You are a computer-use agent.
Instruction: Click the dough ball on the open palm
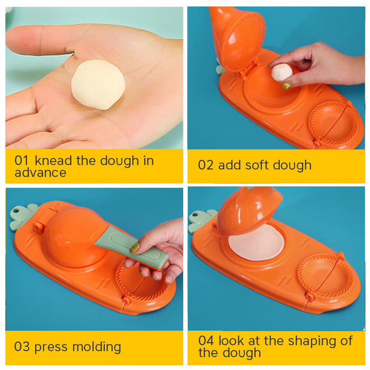(x=98, y=85)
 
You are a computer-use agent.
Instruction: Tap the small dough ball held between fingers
(x=281, y=73)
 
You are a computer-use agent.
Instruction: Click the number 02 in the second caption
(x=206, y=165)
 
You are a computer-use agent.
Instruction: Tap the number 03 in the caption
(x=22, y=347)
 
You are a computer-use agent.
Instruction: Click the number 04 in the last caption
(x=206, y=341)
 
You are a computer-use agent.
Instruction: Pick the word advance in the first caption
(x=40, y=173)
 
